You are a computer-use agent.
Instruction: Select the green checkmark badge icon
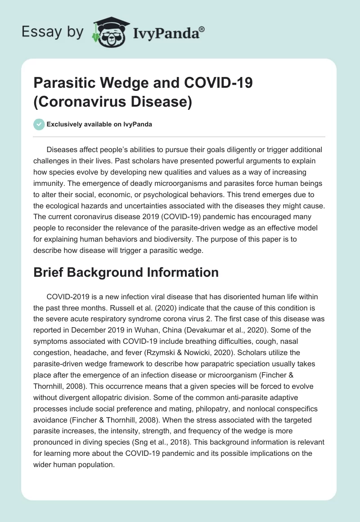(39, 125)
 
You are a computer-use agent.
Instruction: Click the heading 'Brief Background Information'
(126, 272)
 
